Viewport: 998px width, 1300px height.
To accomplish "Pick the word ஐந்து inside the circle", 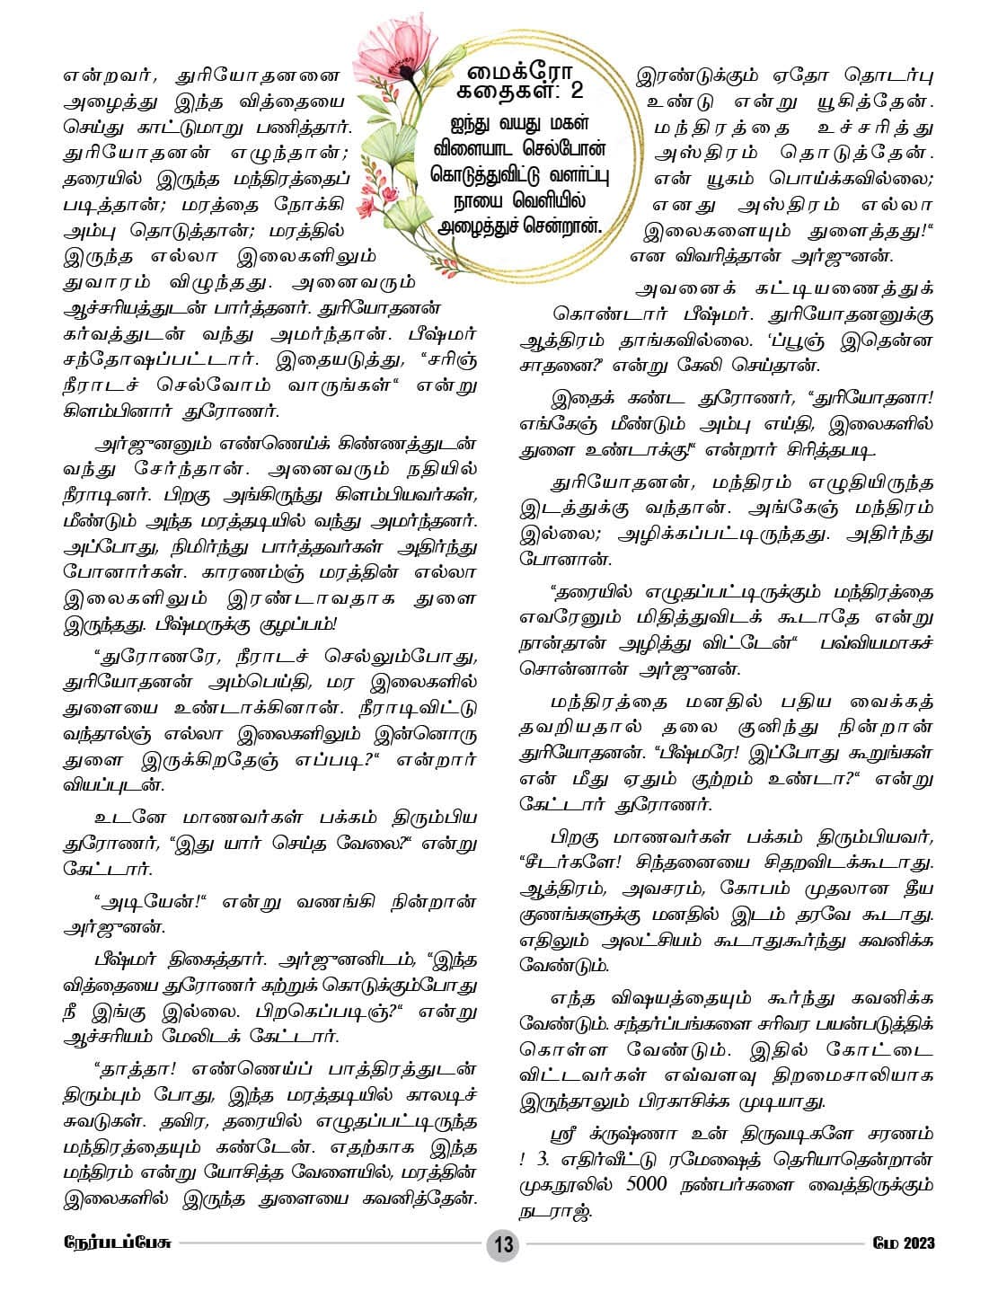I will click(473, 121).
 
